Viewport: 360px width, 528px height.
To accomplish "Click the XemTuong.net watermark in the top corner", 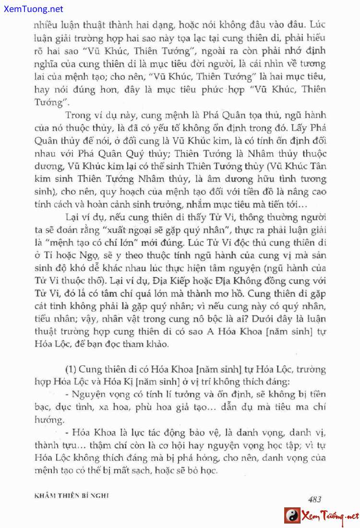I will [x=32, y=9].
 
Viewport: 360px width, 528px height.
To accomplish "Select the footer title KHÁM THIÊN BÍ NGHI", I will [x=72, y=496].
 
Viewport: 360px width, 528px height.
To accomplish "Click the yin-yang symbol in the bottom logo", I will [x=292, y=516].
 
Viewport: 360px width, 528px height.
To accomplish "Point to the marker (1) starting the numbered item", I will [x=71, y=369].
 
